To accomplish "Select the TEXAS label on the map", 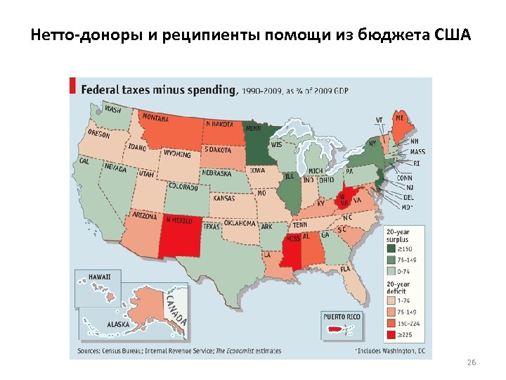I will click(x=212, y=227).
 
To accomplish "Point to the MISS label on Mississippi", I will click(x=292, y=237).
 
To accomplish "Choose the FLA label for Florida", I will click(x=345, y=269).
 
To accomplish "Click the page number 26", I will click(x=472, y=362).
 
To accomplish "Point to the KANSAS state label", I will click(x=223, y=198).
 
